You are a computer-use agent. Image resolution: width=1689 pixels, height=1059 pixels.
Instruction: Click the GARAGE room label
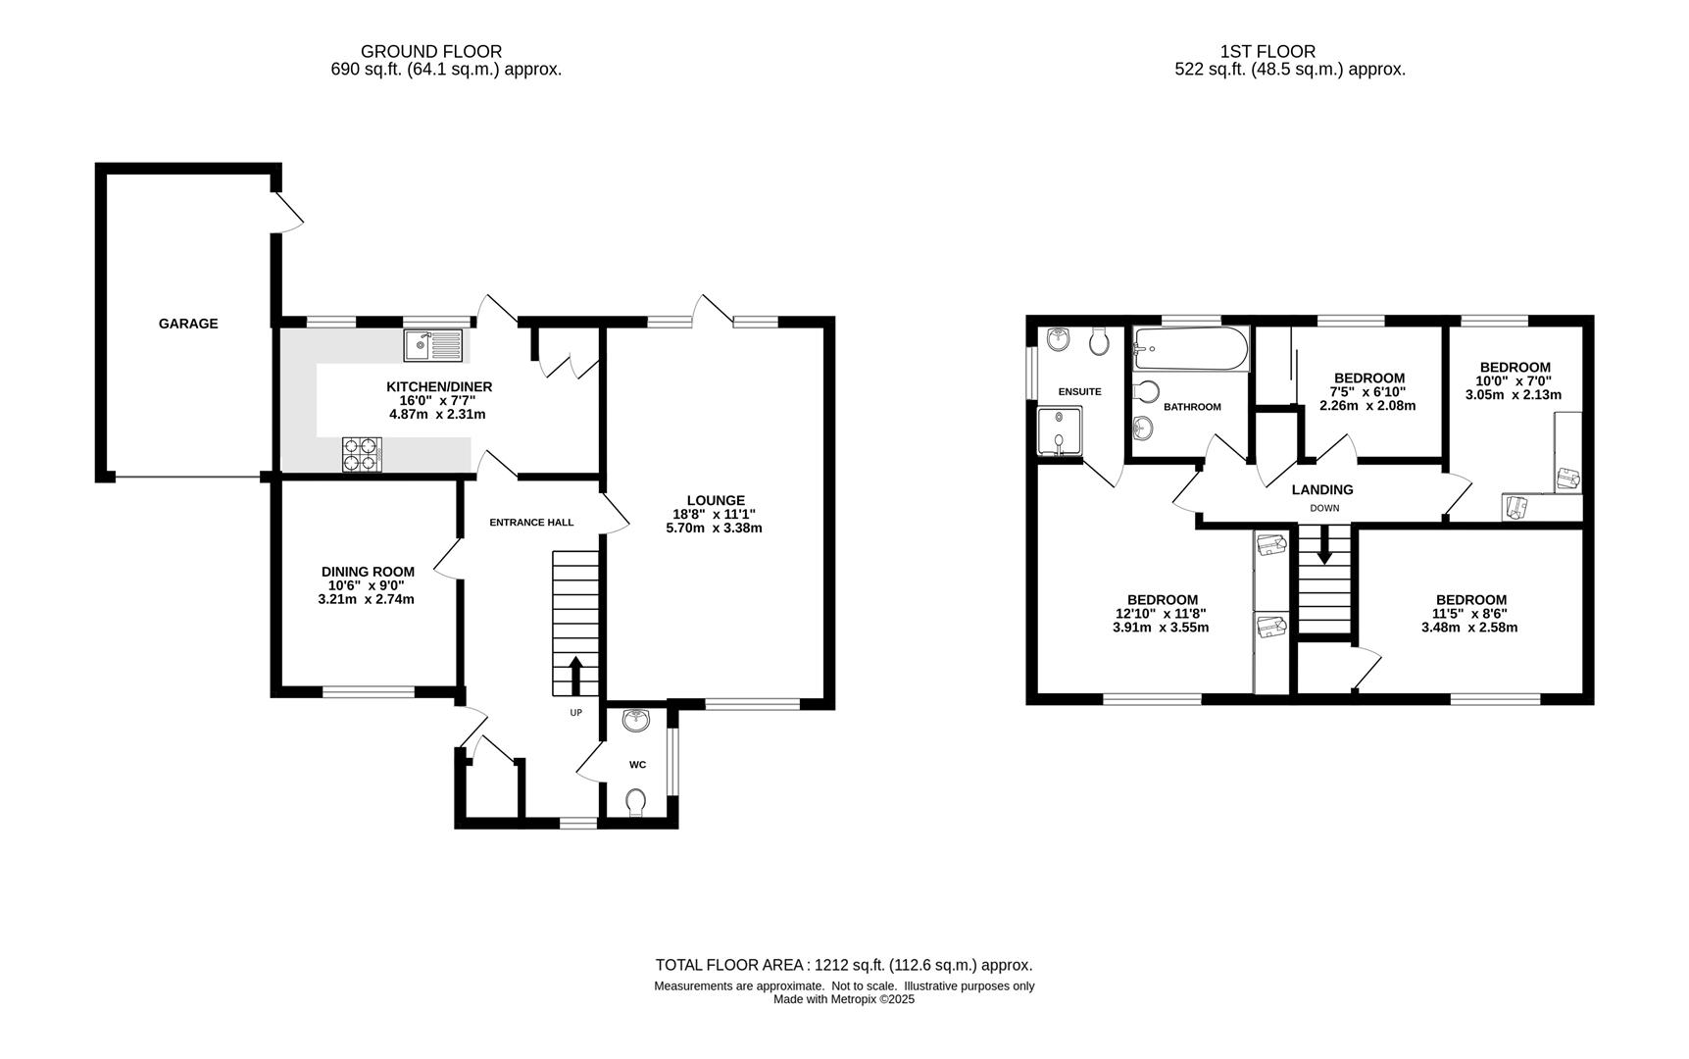pyautogui.click(x=188, y=324)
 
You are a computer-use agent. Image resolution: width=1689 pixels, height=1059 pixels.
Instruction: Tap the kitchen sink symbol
pyautogui.click(x=433, y=345)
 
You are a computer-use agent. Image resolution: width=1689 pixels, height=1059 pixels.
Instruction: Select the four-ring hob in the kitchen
pyautogui.click(x=362, y=453)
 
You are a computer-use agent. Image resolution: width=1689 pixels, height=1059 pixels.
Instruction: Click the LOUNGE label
pyautogui.click(x=716, y=500)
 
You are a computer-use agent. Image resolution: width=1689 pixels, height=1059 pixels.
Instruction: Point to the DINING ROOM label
pyautogui.click(x=368, y=572)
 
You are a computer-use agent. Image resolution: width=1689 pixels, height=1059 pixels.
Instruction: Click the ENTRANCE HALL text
pyautogui.click(x=531, y=523)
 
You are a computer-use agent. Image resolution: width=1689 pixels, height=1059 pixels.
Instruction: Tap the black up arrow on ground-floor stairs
pyautogui.click(x=575, y=675)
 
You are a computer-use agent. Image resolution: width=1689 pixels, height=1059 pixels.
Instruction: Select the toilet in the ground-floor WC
pyautogui.click(x=636, y=802)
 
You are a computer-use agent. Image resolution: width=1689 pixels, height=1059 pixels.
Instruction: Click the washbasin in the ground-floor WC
pyautogui.click(x=636, y=721)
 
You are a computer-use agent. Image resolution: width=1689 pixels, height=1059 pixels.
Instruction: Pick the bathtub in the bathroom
pyautogui.click(x=1191, y=350)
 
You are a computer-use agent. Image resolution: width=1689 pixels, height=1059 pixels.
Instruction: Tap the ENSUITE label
pyautogui.click(x=1079, y=391)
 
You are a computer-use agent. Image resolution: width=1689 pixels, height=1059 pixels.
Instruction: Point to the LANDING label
pyautogui.click(x=1322, y=489)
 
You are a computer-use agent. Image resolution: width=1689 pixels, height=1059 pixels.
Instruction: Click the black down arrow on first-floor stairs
pyautogui.click(x=1324, y=545)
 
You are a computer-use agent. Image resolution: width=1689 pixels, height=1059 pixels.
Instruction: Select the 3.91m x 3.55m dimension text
pyautogui.click(x=1161, y=628)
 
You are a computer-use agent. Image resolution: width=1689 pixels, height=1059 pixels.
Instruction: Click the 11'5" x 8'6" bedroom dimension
pyautogui.click(x=1470, y=614)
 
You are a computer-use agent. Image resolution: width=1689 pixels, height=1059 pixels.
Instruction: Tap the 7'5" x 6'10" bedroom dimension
pyautogui.click(x=1368, y=391)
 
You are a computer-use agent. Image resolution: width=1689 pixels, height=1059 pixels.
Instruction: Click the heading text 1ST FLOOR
pyautogui.click(x=1267, y=51)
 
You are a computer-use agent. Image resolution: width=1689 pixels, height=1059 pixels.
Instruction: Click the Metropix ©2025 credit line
pyautogui.click(x=844, y=999)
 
